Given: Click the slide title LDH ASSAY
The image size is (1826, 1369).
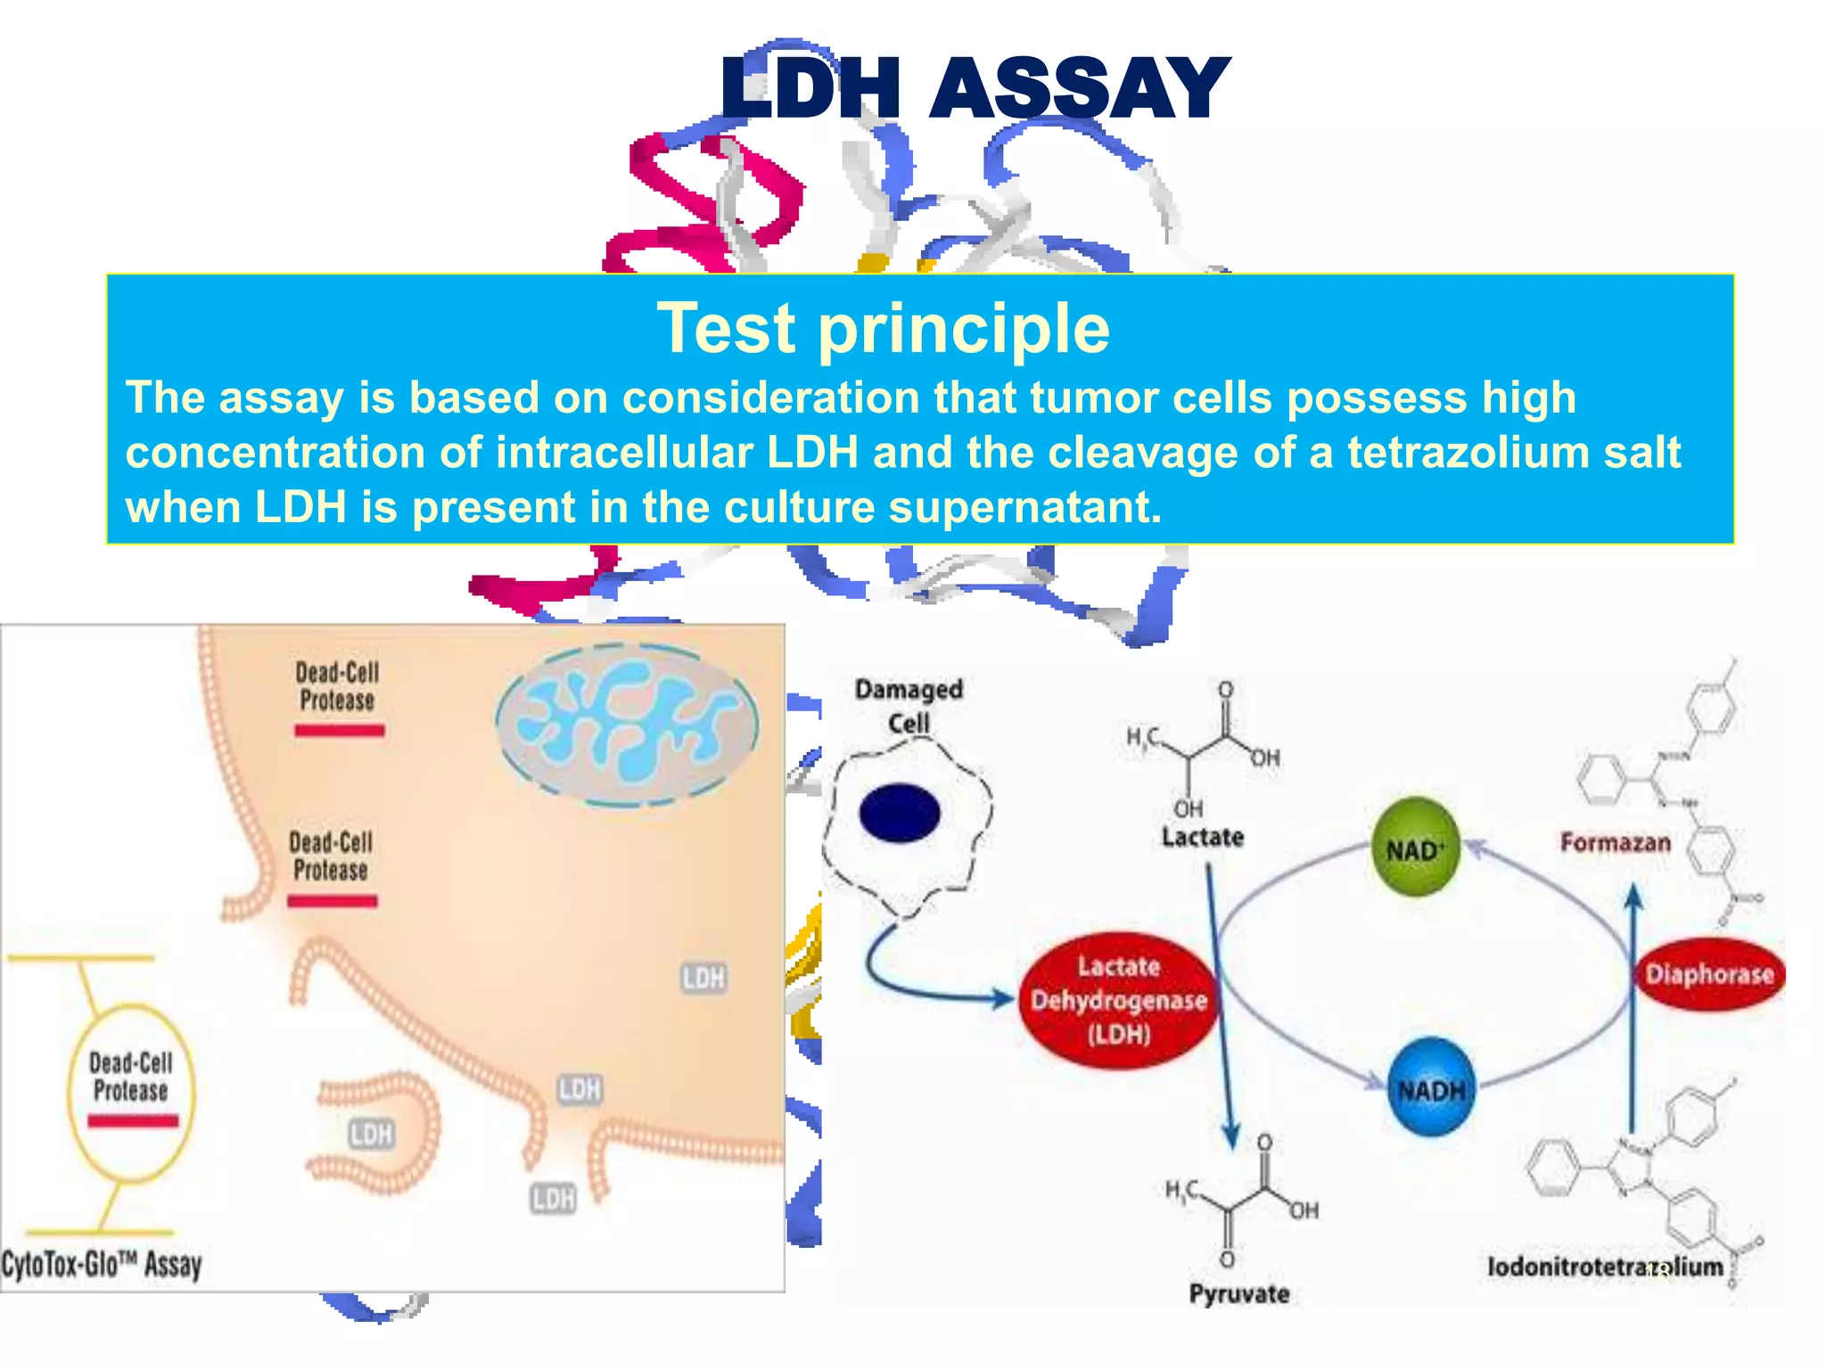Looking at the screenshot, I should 975,88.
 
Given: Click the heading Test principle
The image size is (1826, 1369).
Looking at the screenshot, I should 883,328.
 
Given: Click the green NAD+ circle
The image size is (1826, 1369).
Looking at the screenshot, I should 1415,848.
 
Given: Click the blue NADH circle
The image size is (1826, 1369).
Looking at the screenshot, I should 1431,1088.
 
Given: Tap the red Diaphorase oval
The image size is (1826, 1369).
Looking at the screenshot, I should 1709,973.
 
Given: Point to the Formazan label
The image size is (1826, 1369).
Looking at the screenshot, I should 1615,842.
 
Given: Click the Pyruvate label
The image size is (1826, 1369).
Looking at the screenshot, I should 1238,1293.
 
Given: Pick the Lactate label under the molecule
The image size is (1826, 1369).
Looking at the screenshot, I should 1202,837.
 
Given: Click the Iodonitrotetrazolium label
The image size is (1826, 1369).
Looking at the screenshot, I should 1604,1266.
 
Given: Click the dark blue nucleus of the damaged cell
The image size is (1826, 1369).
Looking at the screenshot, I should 900,813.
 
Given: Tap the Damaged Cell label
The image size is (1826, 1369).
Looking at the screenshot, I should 909,705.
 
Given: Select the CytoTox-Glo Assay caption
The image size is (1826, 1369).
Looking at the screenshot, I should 102,1264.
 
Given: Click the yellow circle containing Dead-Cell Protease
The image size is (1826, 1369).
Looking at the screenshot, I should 131,1093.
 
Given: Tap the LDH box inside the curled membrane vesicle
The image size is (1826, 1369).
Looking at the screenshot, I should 371,1134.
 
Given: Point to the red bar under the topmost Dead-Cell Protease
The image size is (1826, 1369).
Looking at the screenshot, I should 339,731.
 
